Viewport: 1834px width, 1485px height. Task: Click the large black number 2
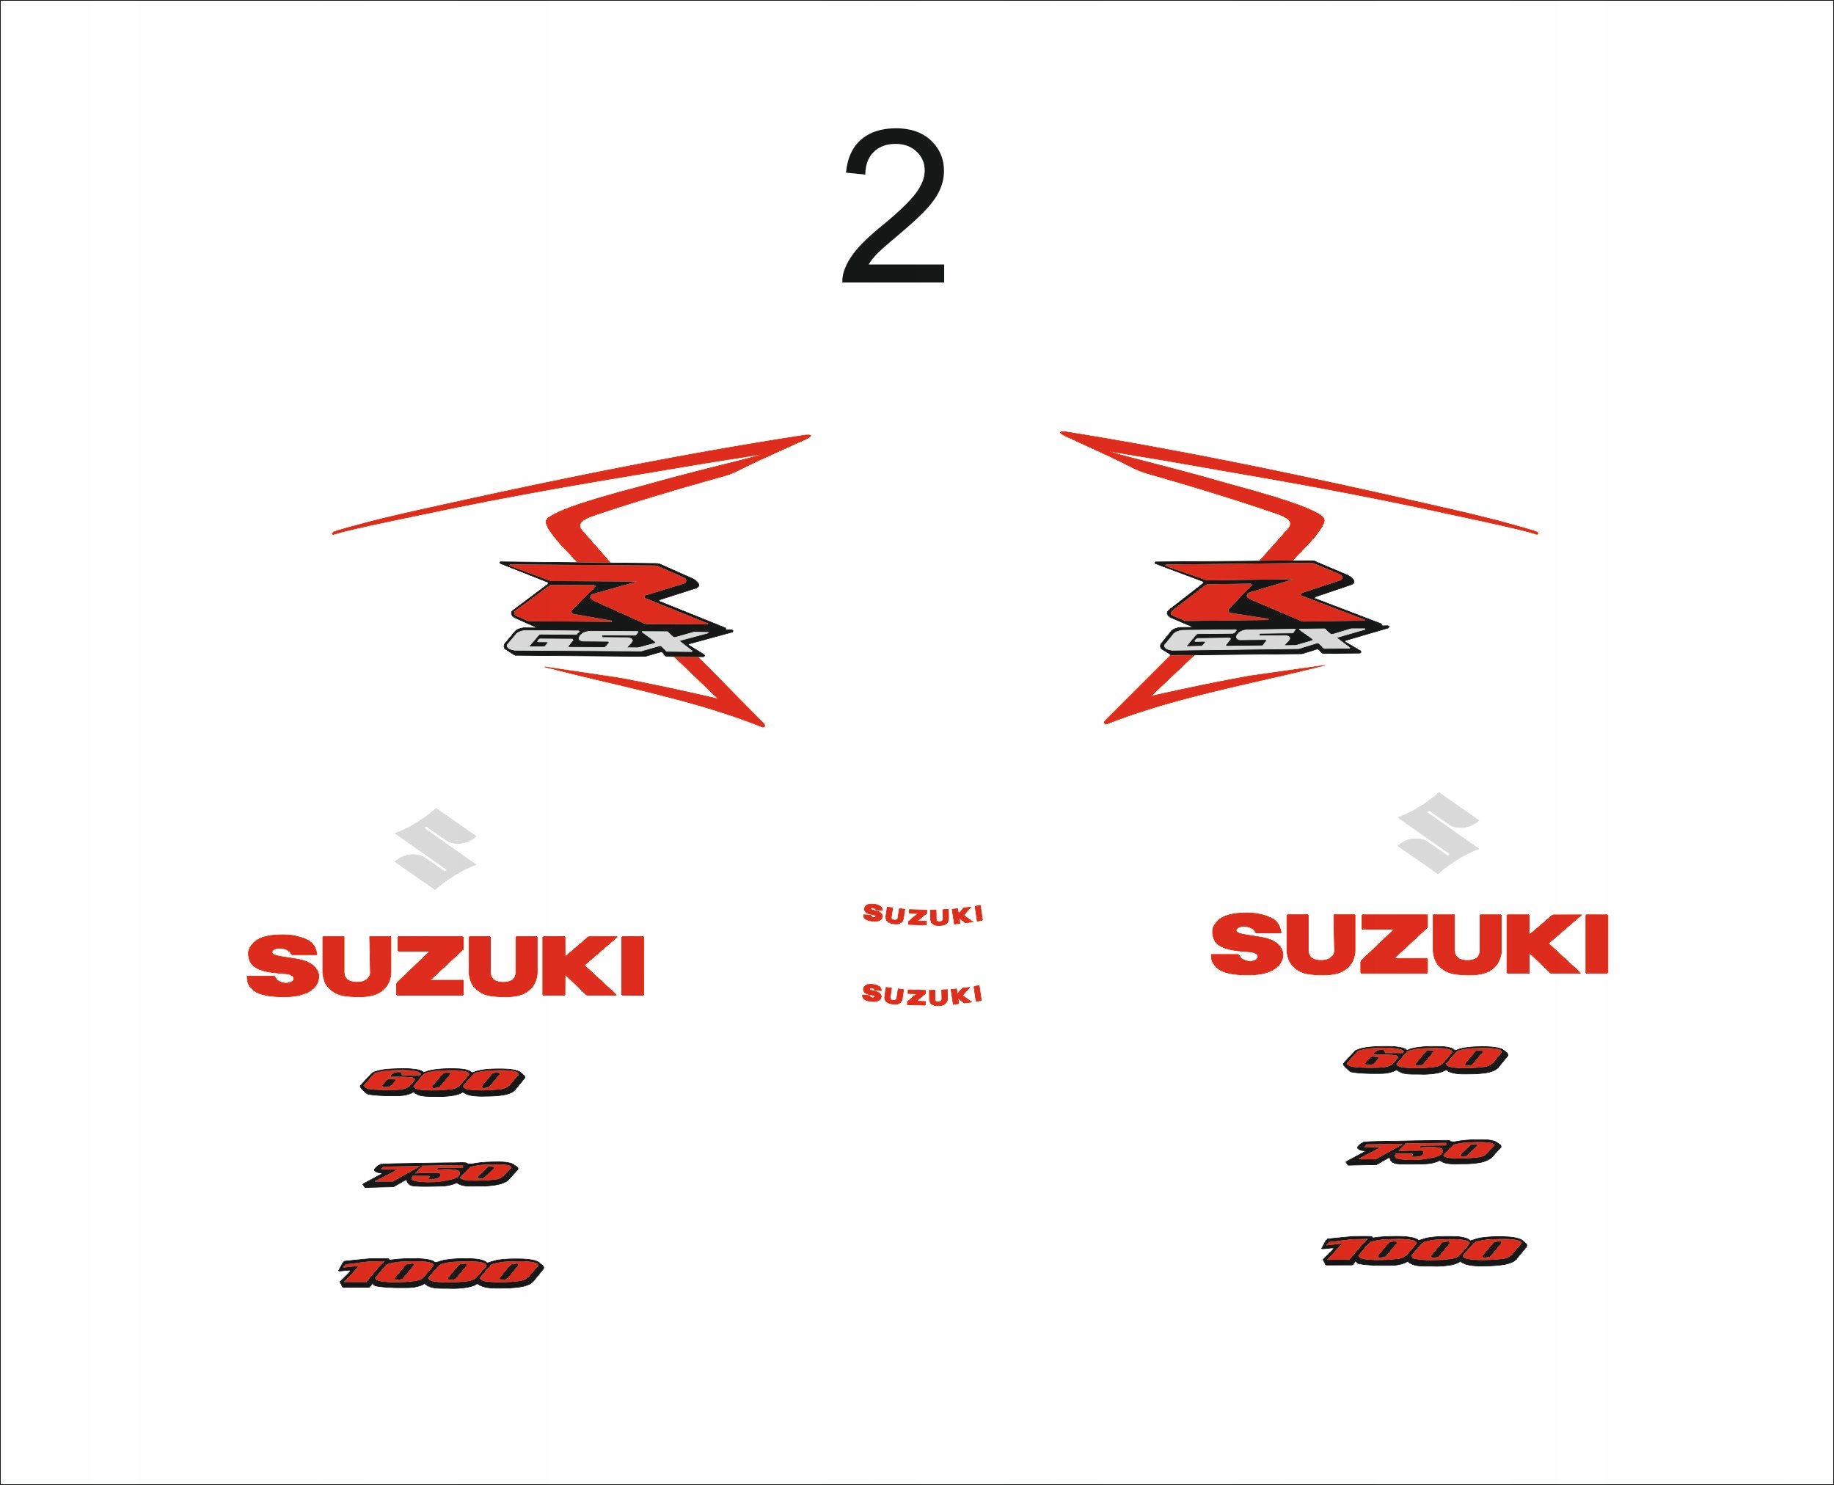[895, 210]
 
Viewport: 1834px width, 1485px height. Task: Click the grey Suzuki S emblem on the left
[436, 849]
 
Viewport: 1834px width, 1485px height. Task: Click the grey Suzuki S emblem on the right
[1438, 832]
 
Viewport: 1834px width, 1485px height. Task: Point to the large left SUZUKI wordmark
[445, 966]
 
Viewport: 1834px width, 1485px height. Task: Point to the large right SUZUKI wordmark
[1409, 944]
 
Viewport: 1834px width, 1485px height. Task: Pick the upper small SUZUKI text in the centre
[922, 914]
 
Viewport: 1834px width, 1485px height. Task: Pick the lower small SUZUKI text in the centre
[921, 994]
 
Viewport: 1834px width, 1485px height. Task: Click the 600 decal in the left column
[442, 1081]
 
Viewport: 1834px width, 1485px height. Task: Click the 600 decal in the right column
[1425, 1059]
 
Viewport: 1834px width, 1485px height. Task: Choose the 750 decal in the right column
[1423, 1151]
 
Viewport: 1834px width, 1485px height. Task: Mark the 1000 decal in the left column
[441, 1272]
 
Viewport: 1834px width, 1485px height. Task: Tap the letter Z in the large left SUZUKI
[428, 966]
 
